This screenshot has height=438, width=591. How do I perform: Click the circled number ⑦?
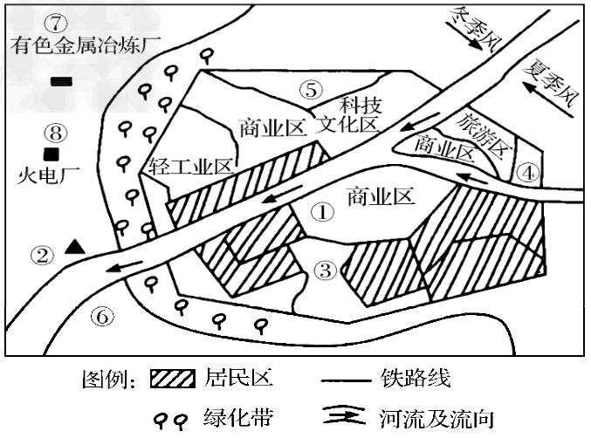55,24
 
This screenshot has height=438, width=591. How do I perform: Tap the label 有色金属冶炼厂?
86,45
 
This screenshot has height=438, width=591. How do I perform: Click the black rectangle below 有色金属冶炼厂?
61,81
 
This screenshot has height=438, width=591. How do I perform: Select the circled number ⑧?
55,133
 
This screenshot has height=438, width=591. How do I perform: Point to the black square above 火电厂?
52,154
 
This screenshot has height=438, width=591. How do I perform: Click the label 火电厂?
48,175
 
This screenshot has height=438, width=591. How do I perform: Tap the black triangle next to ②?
74,247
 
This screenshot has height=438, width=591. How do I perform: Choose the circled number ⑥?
102,317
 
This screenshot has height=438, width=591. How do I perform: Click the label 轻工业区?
190,166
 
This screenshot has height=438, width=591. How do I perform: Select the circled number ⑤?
312,90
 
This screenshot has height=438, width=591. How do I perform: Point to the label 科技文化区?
347,115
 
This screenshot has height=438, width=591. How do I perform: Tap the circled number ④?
528,173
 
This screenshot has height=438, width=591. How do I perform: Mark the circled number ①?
322,212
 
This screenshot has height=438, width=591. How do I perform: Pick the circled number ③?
326,270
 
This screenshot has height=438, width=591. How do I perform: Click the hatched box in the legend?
173,379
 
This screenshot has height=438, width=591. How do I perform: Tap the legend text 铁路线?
416,378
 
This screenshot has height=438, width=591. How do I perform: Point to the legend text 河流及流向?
437,419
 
